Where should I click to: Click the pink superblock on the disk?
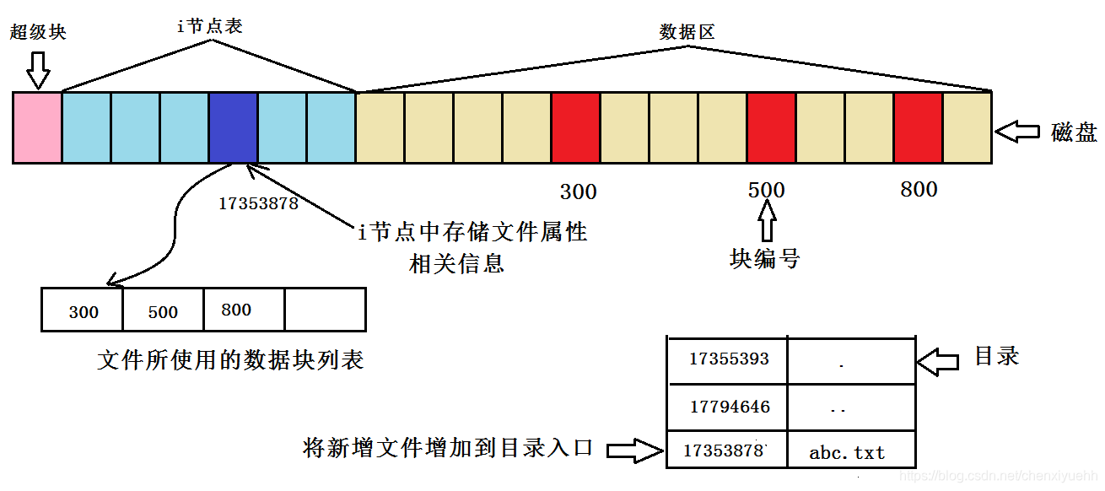pyautogui.click(x=37, y=127)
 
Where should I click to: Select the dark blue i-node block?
pyautogui.click(x=233, y=127)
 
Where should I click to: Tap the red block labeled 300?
pyautogui.click(x=575, y=127)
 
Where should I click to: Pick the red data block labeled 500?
pyautogui.click(x=771, y=127)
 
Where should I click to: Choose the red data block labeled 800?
pyautogui.click(x=918, y=127)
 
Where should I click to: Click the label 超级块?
pyautogui.click(x=38, y=33)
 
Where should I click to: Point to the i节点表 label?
pyautogui.click(x=209, y=26)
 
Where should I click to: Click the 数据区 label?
pyautogui.click(x=687, y=33)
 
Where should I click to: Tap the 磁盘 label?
pyautogui.click(x=1074, y=132)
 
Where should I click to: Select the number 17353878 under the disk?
pyautogui.click(x=258, y=203)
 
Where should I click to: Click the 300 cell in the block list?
pyautogui.click(x=83, y=310)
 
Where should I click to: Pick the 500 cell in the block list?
pyautogui.click(x=163, y=310)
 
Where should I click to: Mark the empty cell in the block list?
pyautogui.click(x=325, y=310)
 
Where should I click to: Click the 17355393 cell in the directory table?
pyautogui.click(x=728, y=359)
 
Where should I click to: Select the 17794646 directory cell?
pyautogui.click(x=728, y=407)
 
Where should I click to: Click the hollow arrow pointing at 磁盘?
pyautogui.click(x=1017, y=132)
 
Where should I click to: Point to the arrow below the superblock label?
pyautogui.click(x=38, y=69)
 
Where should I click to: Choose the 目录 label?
pyautogui.click(x=996, y=356)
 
